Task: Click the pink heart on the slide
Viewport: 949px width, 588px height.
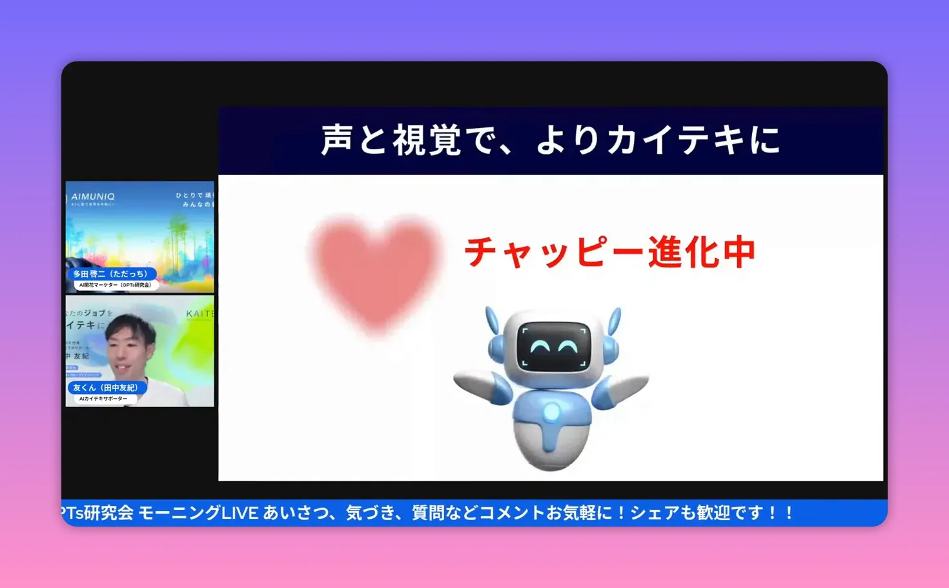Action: point(375,271)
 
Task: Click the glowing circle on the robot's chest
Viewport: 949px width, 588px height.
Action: point(551,411)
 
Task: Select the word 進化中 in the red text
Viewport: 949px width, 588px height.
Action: point(702,252)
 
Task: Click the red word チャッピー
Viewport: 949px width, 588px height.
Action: point(555,252)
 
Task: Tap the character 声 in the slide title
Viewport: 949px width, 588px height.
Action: point(337,140)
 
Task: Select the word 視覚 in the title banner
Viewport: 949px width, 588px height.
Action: point(427,140)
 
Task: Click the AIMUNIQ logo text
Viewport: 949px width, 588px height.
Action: point(93,196)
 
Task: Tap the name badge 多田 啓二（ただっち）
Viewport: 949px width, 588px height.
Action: point(110,274)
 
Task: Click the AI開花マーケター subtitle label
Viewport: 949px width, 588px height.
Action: point(115,285)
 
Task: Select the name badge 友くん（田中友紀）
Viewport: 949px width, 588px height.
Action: point(105,388)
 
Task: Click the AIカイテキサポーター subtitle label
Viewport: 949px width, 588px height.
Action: point(103,399)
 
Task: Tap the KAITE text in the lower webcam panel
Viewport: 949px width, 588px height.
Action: point(199,314)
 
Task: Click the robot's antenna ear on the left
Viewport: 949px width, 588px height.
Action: point(493,322)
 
